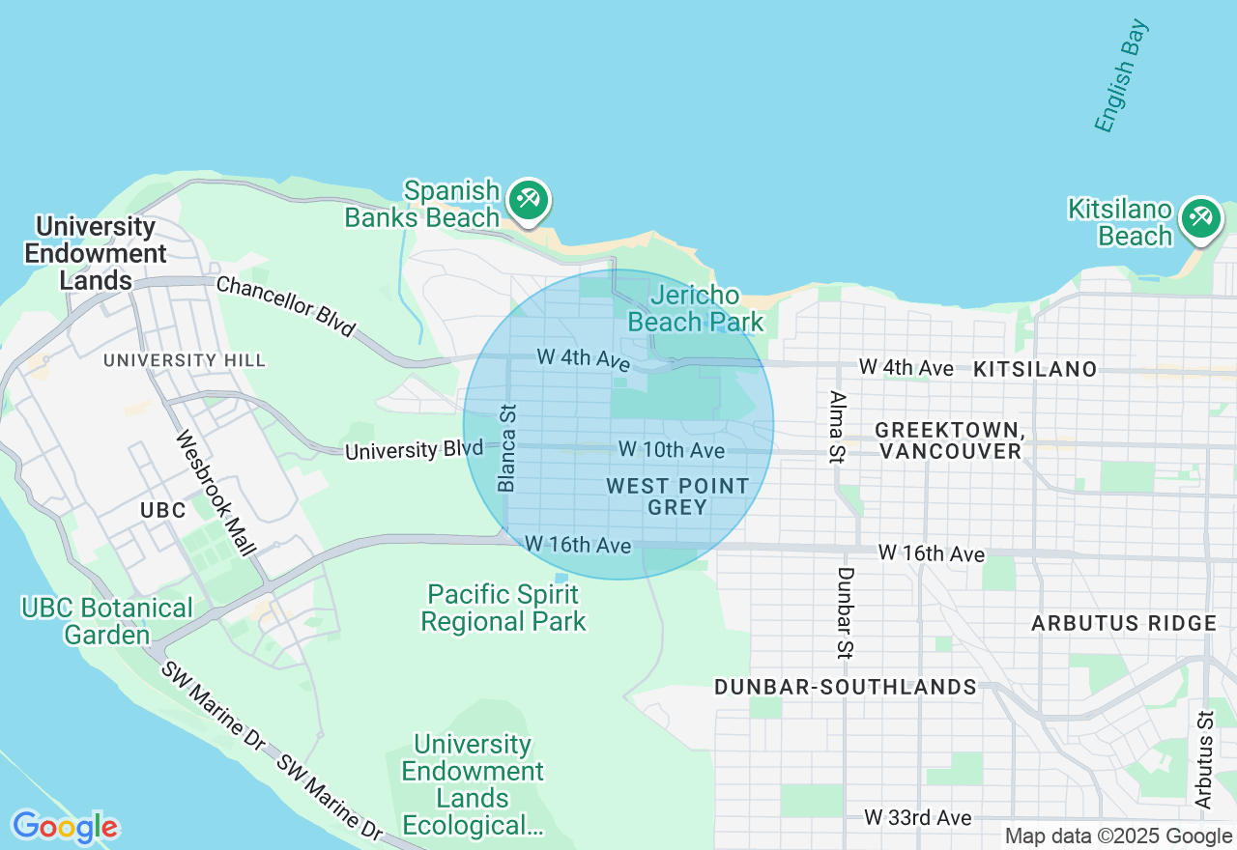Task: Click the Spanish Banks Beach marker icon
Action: coord(528,201)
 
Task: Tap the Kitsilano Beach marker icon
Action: coord(1200,217)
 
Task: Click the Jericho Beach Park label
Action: coord(696,308)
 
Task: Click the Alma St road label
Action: coord(837,427)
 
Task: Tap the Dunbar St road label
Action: coord(846,612)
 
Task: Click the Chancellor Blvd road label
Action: coord(285,306)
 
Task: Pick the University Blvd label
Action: coord(414,450)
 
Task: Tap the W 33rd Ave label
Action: coord(918,818)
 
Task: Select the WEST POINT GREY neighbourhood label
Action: coord(678,496)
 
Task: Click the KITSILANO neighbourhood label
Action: coord(1035,369)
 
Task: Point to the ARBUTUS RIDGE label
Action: coord(1124,623)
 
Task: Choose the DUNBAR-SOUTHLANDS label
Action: coord(846,687)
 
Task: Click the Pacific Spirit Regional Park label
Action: coord(503,608)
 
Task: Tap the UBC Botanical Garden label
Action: coord(107,621)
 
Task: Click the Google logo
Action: coord(65,827)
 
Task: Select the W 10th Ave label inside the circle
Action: coord(671,450)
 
